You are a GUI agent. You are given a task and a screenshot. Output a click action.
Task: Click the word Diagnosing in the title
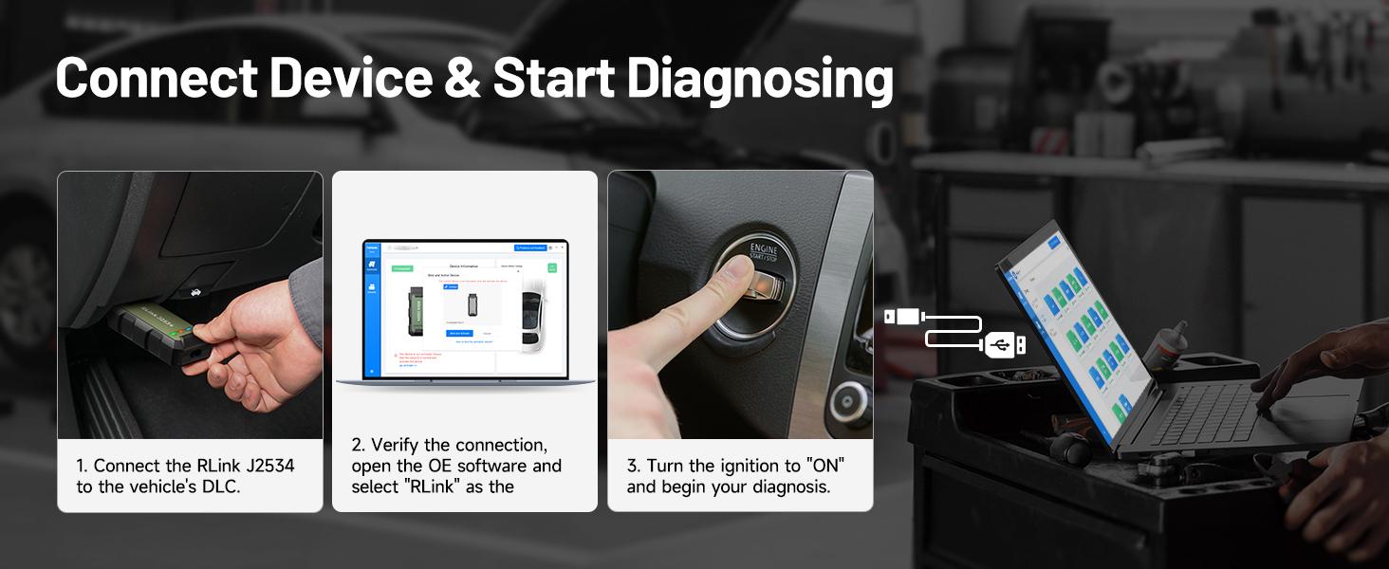pyautogui.click(x=759, y=80)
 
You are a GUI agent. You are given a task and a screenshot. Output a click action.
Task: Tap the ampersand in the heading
pyautogui.click(x=462, y=80)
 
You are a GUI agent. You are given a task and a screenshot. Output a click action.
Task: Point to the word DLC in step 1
pyautogui.click(x=219, y=486)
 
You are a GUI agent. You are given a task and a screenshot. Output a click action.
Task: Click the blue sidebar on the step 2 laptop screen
pyautogui.click(x=371, y=313)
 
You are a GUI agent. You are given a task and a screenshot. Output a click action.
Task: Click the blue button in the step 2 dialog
pyautogui.click(x=458, y=334)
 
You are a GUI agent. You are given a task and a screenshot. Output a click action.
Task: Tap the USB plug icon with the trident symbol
pyautogui.click(x=1004, y=345)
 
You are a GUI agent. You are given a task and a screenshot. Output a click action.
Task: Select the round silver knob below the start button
pyautogui.click(x=847, y=402)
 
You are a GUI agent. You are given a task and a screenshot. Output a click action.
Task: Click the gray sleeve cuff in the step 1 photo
pyautogui.click(x=306, y=289)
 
